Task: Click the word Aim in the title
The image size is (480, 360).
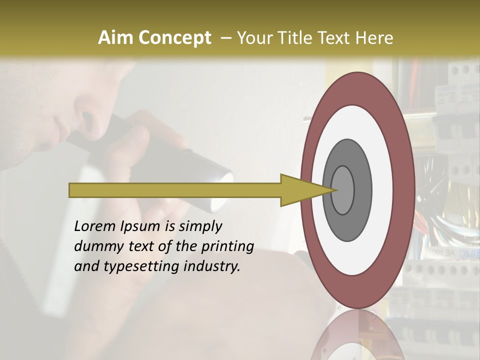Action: coord(116,38)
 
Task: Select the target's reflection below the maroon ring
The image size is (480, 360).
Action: coord(357,337)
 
